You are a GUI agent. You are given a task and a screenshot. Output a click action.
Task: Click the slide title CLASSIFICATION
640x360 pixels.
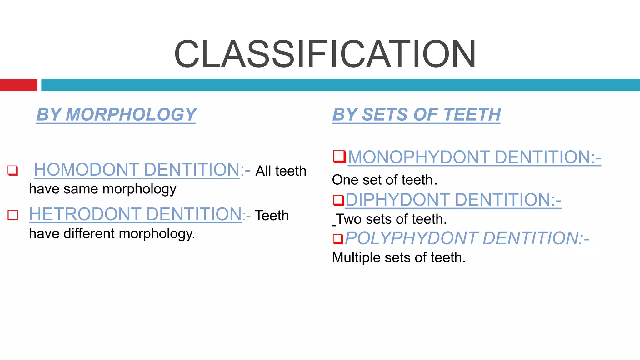(325, 54)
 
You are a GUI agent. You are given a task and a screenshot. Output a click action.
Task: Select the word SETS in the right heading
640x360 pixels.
(385, 114)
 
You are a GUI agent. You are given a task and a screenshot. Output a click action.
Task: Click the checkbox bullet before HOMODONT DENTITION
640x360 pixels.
(12, 170)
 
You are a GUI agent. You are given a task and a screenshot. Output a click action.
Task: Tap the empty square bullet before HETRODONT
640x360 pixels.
(13, 215)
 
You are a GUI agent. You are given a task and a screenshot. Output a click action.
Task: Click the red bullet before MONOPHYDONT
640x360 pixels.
(339, 157)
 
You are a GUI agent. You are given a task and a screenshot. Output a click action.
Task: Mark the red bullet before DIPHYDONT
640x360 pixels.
(338, 200)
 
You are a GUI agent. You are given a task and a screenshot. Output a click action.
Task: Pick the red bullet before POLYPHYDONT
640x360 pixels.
(338, 239)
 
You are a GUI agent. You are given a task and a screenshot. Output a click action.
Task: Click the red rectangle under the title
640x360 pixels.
(18, 85)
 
